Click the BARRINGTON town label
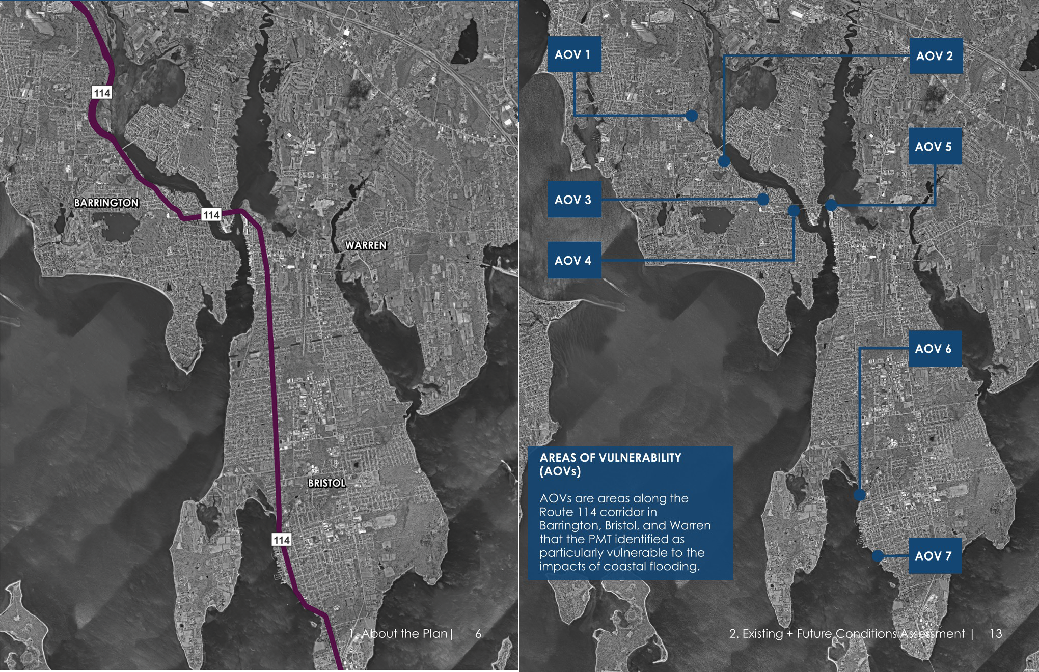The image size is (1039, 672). [106, 203]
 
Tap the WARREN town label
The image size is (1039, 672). [366, 245]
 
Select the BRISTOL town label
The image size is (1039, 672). [326, 483]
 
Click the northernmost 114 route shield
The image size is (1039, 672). [102, 93]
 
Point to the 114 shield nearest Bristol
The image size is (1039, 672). [282, 540]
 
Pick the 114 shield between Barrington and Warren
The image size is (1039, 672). [211, 215]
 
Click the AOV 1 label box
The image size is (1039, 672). [574, 54]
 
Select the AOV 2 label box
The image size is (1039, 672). [936, 56]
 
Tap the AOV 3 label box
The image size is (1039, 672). [574, 200]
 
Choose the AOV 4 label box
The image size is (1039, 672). [574, 260]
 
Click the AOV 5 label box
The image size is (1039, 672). [934, 147]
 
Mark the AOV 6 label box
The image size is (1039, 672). [934, 349]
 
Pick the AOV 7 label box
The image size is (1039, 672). [934, 555]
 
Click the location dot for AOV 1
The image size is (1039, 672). [691, 116]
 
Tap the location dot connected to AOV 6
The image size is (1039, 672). [859, 494]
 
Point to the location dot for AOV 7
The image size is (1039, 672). [877, 556]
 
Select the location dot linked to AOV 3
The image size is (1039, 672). [762, 199]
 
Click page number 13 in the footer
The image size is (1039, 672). [995, 634]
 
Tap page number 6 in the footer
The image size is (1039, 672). [478, 634]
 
